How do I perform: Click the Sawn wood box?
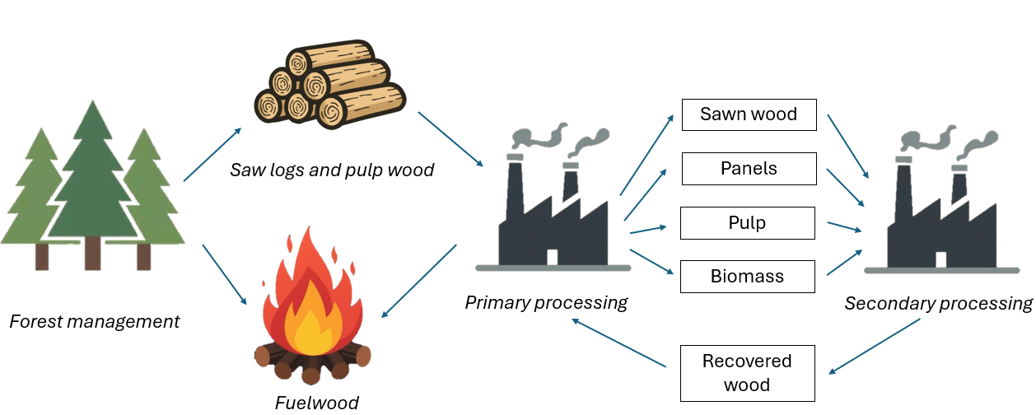pos(749,114)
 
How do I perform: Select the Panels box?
pos(749,169)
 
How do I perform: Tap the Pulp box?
pos(747,223)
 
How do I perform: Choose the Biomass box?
pos(747,277)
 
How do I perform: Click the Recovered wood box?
pos(747,373)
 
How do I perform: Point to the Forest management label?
pos(94,321)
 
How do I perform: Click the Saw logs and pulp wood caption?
pos(332,170)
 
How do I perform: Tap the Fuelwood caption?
pos(316,403)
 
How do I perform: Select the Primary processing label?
pos(546,302)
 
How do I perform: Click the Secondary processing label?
pos(938,304)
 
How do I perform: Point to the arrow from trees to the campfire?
pos(224,275)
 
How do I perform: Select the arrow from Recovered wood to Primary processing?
pos(618,343)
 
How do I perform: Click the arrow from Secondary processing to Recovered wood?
pos(875,347)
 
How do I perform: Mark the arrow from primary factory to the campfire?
pos(419,281)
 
